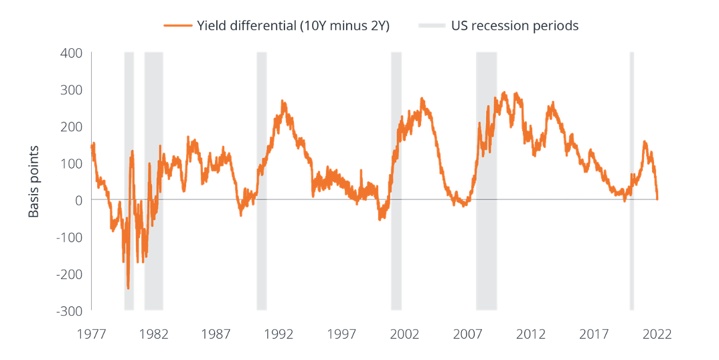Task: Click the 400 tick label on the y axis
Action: click(x=71, y=52)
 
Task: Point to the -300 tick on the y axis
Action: click(x=69, y=311)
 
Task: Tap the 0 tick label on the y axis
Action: click(x=78, y=200)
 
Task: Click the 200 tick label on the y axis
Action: click(x=71, y=126)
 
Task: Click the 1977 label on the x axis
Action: click(x=91, y=333)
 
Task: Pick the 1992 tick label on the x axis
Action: click(x=279, y=333)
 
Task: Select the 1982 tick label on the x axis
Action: click(x=154, y=333)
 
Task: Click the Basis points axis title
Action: click(x=34, y=181)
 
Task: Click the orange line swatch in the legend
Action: click(x=177, y=26)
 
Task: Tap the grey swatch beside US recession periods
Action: click(x=432, y=26)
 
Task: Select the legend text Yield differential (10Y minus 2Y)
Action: click(x=293, y=26)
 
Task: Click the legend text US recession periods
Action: click(x=514, y=26)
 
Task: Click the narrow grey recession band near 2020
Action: click(x=631, y=181)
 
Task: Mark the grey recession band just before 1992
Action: click(x=262, y=181)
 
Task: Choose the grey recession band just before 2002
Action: click(x=396, y=181)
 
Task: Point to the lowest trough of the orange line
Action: click(x=128, y=288)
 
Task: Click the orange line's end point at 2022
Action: click(x=657, y=199)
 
